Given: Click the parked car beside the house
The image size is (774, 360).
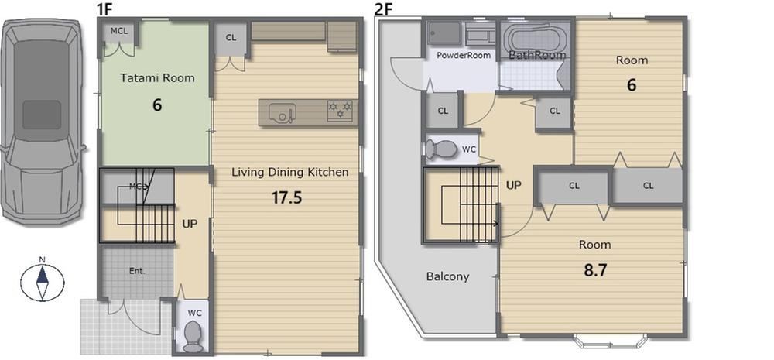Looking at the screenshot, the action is point(43,121).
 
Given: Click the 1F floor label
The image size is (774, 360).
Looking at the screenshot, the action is point(105,9).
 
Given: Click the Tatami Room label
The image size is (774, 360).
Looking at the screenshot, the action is point(157,77).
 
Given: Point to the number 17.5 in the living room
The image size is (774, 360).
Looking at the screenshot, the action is point(287,197).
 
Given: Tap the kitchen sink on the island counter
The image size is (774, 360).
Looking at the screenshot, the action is point(282,113).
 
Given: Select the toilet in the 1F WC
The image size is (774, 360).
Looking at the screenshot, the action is point(193,336).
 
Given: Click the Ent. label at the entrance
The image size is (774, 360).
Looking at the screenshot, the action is point(137,271).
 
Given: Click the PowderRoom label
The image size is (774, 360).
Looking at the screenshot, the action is point(464,55).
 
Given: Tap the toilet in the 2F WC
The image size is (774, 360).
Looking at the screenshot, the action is point(442,149).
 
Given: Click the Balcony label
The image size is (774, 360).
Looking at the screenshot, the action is point(447,276).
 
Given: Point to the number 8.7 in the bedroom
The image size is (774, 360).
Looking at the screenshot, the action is point(594,270).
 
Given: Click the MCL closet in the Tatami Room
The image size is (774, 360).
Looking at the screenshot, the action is point(118,33).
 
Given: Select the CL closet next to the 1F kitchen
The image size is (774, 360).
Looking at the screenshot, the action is point(231,39).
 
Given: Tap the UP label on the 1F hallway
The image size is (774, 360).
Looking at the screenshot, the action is point(190,224).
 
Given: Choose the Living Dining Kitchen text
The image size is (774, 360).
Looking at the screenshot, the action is point(290,173).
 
